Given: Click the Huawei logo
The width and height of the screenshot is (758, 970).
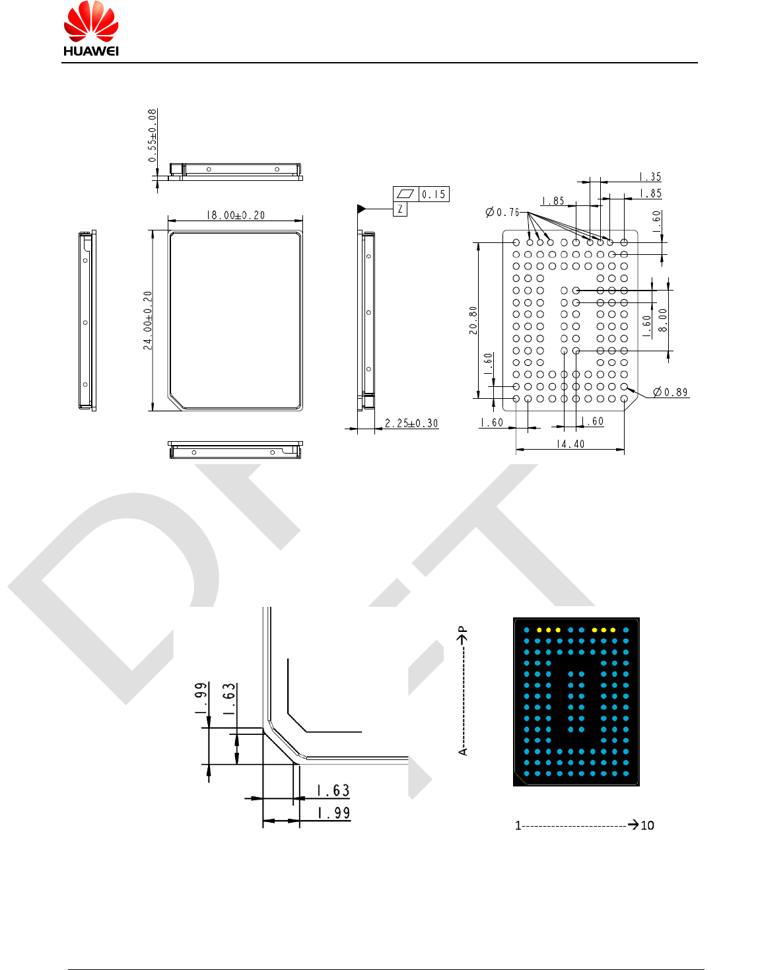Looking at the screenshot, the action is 91,29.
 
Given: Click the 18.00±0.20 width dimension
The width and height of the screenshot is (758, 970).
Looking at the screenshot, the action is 236,215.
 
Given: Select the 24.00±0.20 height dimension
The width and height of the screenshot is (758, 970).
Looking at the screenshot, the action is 148,320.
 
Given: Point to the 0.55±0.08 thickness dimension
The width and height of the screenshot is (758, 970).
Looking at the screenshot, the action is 153,136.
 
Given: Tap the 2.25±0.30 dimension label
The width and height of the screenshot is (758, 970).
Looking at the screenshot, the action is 411,423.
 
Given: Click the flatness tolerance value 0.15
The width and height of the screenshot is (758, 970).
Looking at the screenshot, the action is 434,194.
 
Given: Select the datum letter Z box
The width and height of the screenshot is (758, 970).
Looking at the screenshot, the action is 400,209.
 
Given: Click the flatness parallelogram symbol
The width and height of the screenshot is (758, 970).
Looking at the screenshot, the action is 405,193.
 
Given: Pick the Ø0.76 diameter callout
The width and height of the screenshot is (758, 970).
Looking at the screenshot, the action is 503,212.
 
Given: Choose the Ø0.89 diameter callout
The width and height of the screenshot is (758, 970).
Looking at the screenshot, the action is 670,392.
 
